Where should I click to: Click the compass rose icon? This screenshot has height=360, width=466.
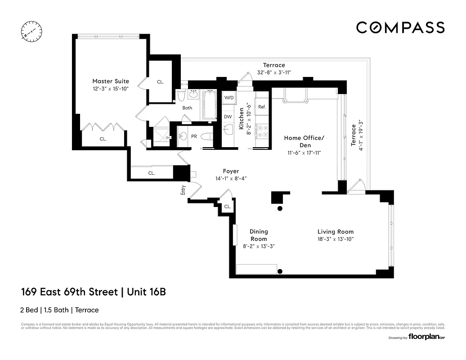(x=31, y=31)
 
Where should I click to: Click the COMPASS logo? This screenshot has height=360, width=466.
(x=400, y=27)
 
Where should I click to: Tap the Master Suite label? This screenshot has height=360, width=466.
(x=111, y=81)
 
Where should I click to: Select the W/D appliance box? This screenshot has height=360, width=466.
(x=229, y=97)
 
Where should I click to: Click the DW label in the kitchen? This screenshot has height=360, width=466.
(x=228, y=117)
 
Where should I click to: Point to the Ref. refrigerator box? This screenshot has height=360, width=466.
(x=262, y=107)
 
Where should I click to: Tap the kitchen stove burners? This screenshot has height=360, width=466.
(x=262, y=130)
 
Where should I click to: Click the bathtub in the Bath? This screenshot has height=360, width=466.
(x=210, y=105)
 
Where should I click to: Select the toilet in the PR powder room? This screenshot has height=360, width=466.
(x=206, y=137)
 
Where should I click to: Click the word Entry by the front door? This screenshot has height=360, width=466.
(x=183, y=190)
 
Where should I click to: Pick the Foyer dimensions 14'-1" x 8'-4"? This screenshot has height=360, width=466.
(x=231, y=179)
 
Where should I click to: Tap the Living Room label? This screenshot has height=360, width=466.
(x=336, y=232)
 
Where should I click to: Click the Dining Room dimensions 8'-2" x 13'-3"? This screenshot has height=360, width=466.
(x=259, y=246)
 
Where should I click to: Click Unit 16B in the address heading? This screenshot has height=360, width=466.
(x=146, y=292)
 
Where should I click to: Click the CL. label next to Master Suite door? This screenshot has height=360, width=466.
(x=161, y=82)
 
